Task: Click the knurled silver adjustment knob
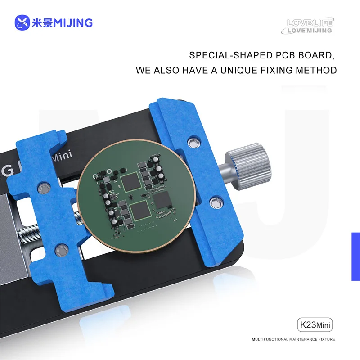click(x=247, y=163)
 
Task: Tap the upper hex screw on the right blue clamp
click(x=194, y=143)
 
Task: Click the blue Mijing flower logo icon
click(x=22, y=22)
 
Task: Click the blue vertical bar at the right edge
click(x=355, y=256)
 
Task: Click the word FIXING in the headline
click(x=277, y=71)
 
